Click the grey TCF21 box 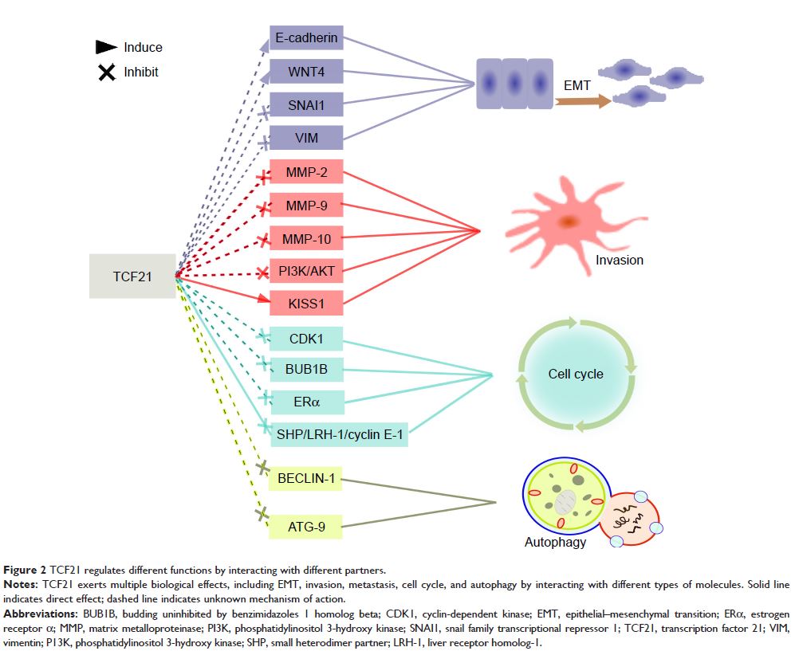click(x=132, y=276)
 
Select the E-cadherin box click(x=306, y=37)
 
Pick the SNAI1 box click(x=306, y=105)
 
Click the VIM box click(x=306, y=138)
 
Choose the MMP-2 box click(x=307, y=172)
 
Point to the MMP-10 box click(x=307, y=237)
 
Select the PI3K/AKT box click(x=307, y=271)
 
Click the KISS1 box click(x=307, y=303)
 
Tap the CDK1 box click(x=307, y=339)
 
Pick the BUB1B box click(x=307, y=369)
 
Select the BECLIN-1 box click(x=305, y=479)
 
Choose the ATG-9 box click(x=305, y=525)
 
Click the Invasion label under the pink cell click(x=619, y=260)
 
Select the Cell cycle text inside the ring click(x=576, y=374)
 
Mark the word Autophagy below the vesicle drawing click(x=555, y=543)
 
